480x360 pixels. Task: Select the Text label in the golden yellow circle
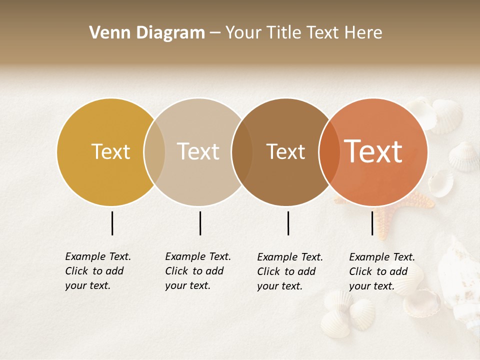click(110, 151)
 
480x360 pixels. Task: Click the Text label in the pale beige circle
click(198, 151)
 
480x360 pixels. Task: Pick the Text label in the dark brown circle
click(285, 151)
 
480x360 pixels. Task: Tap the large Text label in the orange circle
click(373, 151)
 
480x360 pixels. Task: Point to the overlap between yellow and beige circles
click(154, 151)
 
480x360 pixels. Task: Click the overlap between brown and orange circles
click(329, 151)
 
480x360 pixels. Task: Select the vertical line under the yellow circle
click(112, 223)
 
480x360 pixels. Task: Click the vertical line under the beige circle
click(200, 223)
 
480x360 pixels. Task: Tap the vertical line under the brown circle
click(288, 223)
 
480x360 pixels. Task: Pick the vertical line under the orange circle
click(372, 223)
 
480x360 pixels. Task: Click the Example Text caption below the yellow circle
click(97, 271)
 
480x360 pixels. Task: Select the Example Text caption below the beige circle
click(197, 271)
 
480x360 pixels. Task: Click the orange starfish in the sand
click(385, 220)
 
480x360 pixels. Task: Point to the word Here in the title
click(365, 33)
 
